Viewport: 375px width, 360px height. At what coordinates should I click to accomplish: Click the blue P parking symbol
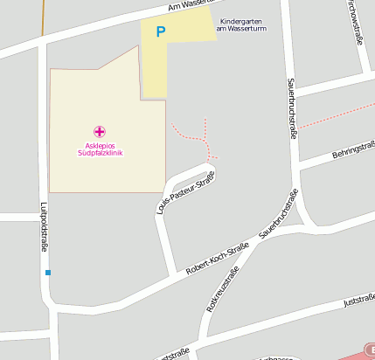point(160,32)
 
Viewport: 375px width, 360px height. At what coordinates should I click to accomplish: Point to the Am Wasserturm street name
point(188,5)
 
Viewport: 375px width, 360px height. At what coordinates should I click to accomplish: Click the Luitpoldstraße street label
point(44,228)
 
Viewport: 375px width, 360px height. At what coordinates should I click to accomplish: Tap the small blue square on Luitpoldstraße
point(48,273)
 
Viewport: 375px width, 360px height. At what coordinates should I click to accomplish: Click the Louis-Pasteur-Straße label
point(184,192)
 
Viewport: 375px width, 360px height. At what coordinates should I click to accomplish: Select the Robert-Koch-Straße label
point(218,258)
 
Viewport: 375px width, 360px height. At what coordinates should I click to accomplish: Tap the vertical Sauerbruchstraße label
point(289,108)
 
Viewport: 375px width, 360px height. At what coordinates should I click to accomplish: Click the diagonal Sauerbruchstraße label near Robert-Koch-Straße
point(279,214)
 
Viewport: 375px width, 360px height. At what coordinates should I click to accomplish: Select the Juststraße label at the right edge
point(359,300)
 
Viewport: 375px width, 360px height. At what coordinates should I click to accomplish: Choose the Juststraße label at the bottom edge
point(173,355)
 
